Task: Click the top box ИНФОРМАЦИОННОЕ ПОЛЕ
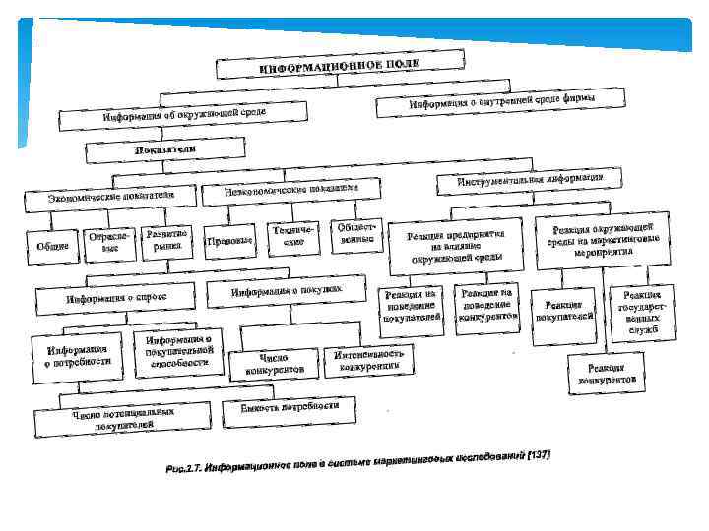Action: (x=340, y=67)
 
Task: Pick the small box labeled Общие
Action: (x=52, y=246)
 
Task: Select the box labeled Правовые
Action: (x=228, y=241)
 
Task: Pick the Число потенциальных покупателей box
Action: (x=123, y=420)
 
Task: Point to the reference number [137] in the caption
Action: (x=539, y=454)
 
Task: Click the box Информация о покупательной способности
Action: (x=180, y=350)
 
